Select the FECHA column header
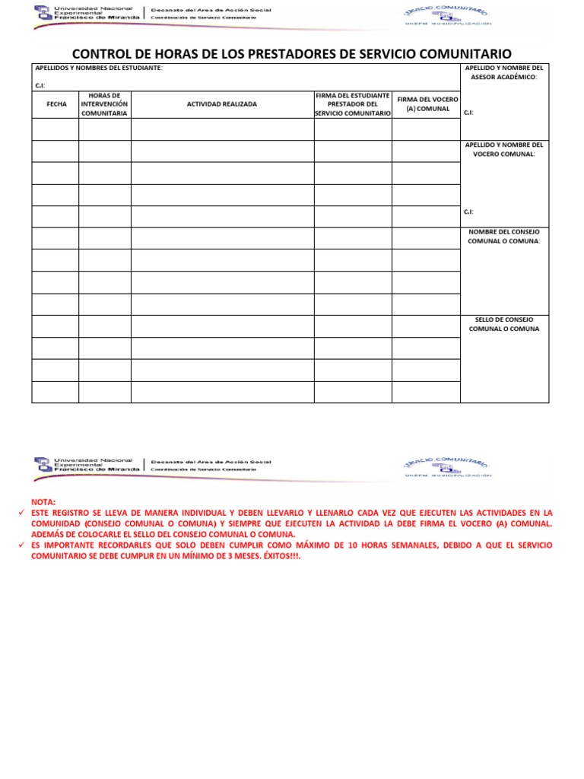[x=56, y=104]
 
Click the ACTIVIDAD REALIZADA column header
[x=222, y=104]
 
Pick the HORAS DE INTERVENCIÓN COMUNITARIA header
[x=105, y=104]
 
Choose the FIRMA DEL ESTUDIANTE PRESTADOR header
[x=352, y=104]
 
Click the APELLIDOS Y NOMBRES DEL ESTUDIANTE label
[x=98, y=68]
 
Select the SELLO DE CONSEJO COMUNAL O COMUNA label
[x=503, y=324]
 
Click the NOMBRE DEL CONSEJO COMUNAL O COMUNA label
[x=503, y=237]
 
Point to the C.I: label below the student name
[x=40, y=85]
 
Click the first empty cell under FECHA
[x=56, y=129]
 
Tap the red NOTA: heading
[x=43, y=503]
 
